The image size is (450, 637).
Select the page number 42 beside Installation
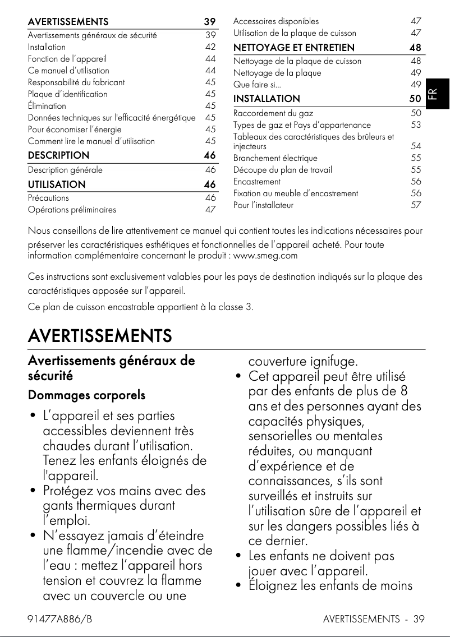[210, 47]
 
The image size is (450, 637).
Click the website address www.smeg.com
[265, 256]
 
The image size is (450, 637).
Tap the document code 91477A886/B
[59, 619]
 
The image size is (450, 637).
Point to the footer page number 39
[419, 619]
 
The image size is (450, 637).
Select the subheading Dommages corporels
[86, 395]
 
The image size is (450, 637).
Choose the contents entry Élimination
[47, 106]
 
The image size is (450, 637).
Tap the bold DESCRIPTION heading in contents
[58, 155]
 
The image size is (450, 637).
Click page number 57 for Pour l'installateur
[416, 205]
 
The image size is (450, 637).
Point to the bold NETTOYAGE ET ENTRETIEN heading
[294, 48]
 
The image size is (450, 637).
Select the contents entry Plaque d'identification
[67, 94]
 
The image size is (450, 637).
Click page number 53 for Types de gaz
[416, 124]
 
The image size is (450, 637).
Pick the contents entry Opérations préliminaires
[72, 210]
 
